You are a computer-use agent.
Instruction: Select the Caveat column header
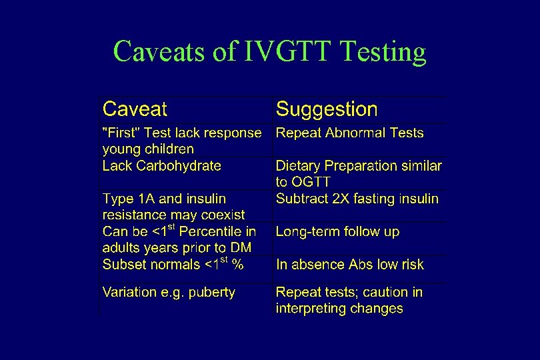coord(135,109)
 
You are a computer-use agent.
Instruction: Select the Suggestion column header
coord(327,109)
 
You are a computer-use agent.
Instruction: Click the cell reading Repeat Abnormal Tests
coord(349,133)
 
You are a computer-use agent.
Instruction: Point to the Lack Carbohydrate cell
coord(161,165)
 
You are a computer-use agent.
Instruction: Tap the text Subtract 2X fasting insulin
coord(357,199)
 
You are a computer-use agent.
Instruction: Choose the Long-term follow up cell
coord(337,232)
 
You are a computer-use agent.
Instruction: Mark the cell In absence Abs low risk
coord(349,265)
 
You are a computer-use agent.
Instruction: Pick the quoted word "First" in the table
coord(120,133)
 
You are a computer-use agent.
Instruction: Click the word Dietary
coord(298,165)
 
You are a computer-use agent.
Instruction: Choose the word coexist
coord(220,215)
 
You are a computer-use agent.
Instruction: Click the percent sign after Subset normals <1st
coord(237,265)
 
